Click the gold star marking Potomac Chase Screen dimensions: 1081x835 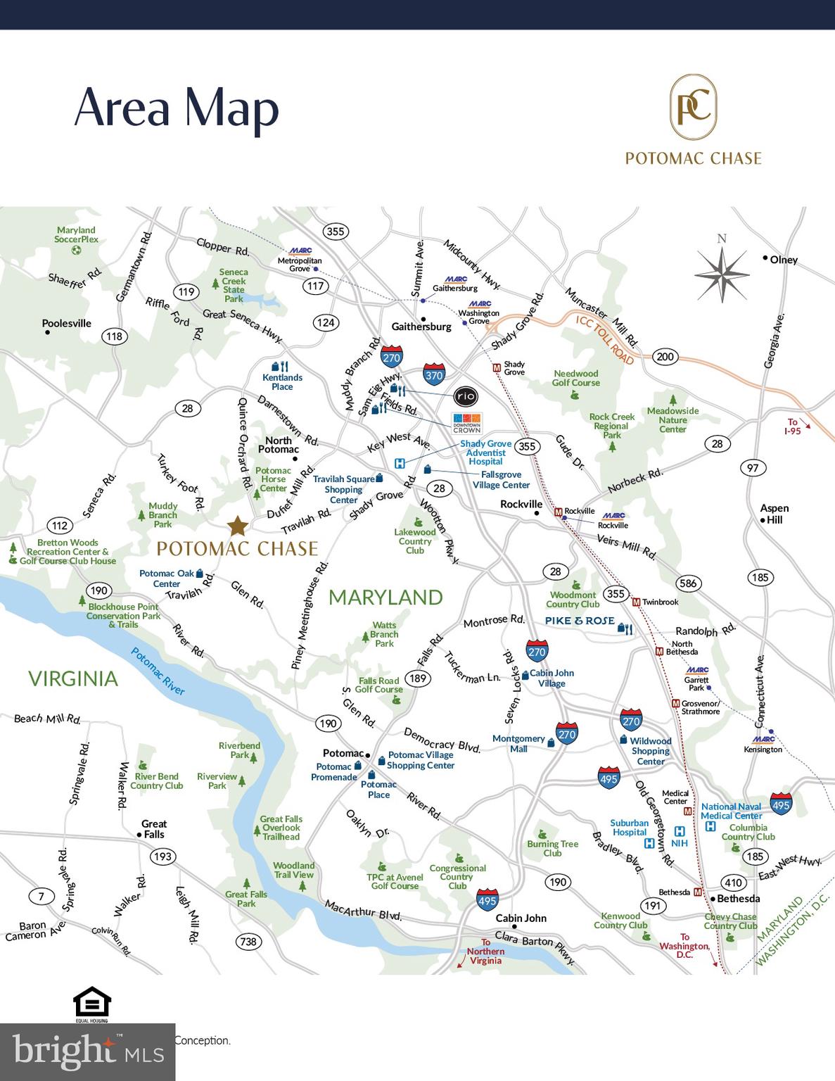[x=238, y=526]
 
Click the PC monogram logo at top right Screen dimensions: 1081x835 [x=693, y=108]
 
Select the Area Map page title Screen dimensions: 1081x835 [x=177, y=108]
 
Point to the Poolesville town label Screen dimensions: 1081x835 [x=66, y=324]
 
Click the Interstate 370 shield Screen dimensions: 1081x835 [x=434, y=374]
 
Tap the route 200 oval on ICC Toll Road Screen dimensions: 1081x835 [x=665, y=356]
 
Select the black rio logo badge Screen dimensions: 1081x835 [x=466, y=396]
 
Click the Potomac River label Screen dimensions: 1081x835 [x=158, y=671]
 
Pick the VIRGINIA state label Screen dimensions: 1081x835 [x=73, y=678]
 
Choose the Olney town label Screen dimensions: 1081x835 [x=784, y=260]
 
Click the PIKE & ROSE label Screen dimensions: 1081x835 [x=580, y=621]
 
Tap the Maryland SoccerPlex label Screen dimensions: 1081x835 [x=77, y=235]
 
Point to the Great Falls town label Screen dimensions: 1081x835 [x=153, y=829]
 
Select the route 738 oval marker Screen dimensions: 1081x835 [x=248, y=942]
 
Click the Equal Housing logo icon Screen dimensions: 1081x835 [x=92, y=1004]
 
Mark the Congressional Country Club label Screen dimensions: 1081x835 [x=457, y=877]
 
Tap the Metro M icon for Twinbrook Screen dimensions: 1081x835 [x=636, y=602]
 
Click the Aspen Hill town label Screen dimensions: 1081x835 [x=774, y=514]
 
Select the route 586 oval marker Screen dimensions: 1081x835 [x=688, y=583]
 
